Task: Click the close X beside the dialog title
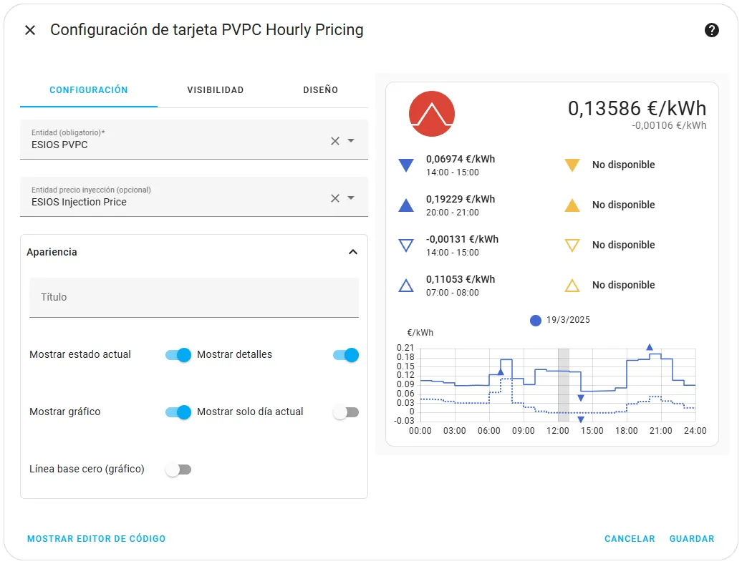30,30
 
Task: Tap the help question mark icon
711,30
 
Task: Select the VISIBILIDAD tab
216,89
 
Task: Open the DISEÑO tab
320,89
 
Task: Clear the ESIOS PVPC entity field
335,141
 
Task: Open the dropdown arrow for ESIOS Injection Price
351,198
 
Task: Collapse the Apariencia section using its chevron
353,252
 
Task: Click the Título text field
194,297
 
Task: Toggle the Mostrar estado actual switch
178,354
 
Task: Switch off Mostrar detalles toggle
346,354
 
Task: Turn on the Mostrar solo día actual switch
346,412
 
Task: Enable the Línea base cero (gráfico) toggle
178,470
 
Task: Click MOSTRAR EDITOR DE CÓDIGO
97,538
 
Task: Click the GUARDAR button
692,538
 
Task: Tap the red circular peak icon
432,114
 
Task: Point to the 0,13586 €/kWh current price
637,108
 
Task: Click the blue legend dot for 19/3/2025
536,321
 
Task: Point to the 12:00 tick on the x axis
558,431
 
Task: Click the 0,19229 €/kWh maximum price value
461,199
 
